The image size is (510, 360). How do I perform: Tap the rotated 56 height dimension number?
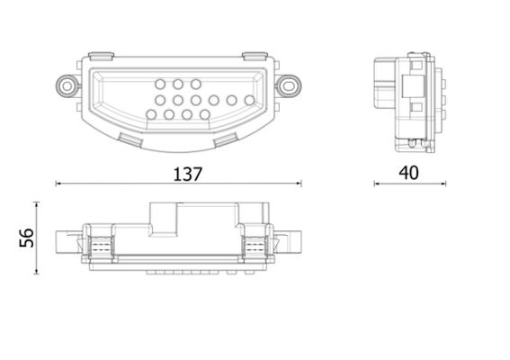coord(26,238)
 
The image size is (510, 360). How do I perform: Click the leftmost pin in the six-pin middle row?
coord(161,100)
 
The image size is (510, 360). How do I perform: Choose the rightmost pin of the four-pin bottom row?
coord(206,115)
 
